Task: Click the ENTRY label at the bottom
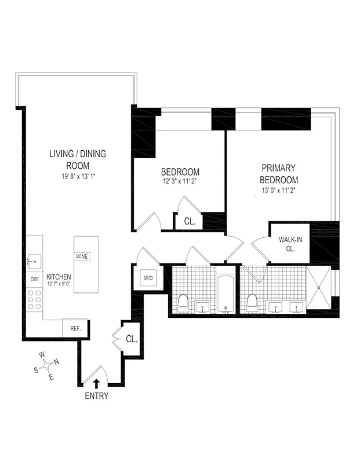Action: click(x=96, y=397)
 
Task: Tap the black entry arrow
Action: click(x=96, y=383)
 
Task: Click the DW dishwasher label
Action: click(x=34, y=279)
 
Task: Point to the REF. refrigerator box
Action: click(x=75, y=328)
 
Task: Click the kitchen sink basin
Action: click(x=34, y=262)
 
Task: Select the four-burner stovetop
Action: click(x=34, y=300)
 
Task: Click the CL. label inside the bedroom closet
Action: click(x=190, y=222)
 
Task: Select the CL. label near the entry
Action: click(x=131, y=339)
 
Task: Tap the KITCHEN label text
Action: click(x=59, y=277)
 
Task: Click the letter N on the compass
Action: click(x=56, y=363)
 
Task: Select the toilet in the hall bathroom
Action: click(x=183, y=302)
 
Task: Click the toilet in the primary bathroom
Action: click(x=252, y=302)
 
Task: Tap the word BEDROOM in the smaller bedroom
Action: click(x=180, y=172)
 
